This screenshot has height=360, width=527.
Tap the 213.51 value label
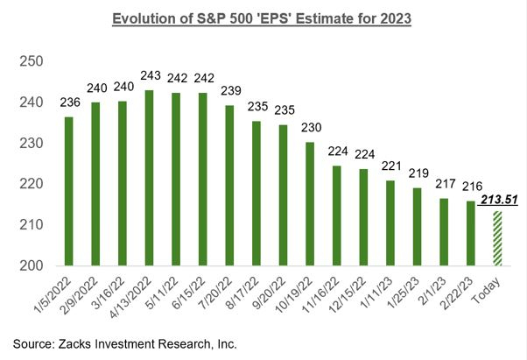coord(499,201)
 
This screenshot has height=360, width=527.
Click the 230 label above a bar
coord(310,130)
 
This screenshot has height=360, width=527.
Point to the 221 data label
coord(389,167)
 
